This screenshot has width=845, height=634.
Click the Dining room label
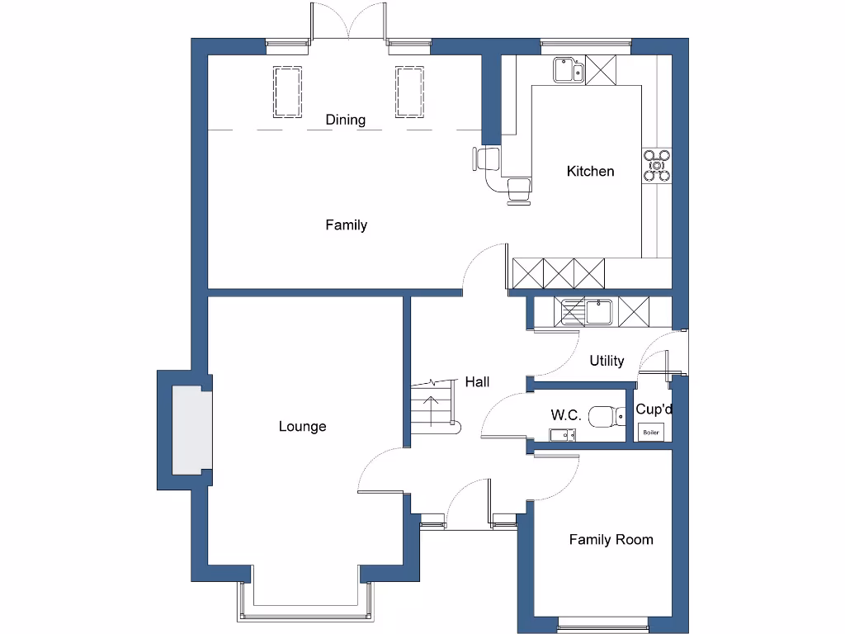[345, 120]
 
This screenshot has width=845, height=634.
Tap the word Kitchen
[590, 172]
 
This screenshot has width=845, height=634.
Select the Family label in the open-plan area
[346, 225]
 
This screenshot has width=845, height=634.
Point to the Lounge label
[302, 427]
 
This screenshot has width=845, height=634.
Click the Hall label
[477, 381]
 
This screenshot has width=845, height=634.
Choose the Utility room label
[607, 361]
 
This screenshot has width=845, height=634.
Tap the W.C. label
[566, 415]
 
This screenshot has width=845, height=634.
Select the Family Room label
[611, 540]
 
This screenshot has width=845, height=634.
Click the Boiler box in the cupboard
[651, 432]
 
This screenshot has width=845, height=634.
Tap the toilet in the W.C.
[610, 415]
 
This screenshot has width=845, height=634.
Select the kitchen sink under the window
[569, 70]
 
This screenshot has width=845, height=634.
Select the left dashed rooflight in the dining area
[286, 92]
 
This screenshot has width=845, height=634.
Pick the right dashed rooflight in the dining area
[409, 92]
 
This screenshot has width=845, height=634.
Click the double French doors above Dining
[347, 22]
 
